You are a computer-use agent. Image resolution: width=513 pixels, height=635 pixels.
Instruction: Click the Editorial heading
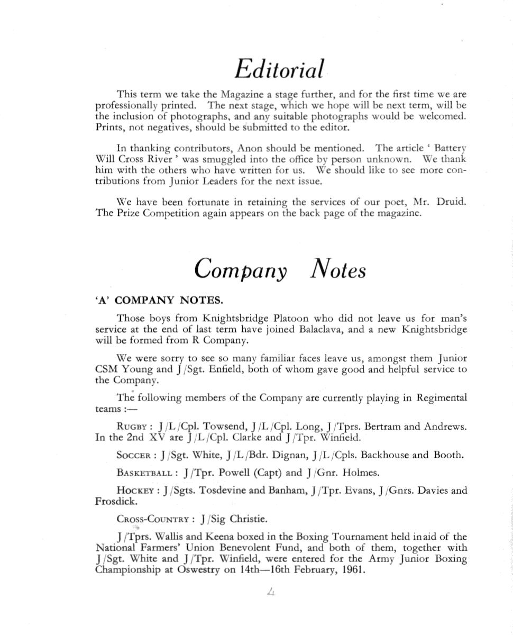279,69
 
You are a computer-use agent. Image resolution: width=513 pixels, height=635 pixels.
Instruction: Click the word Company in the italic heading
240,269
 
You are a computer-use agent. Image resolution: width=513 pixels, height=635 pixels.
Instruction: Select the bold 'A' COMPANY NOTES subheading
159,301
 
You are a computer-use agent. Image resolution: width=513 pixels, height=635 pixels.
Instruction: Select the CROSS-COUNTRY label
154,519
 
